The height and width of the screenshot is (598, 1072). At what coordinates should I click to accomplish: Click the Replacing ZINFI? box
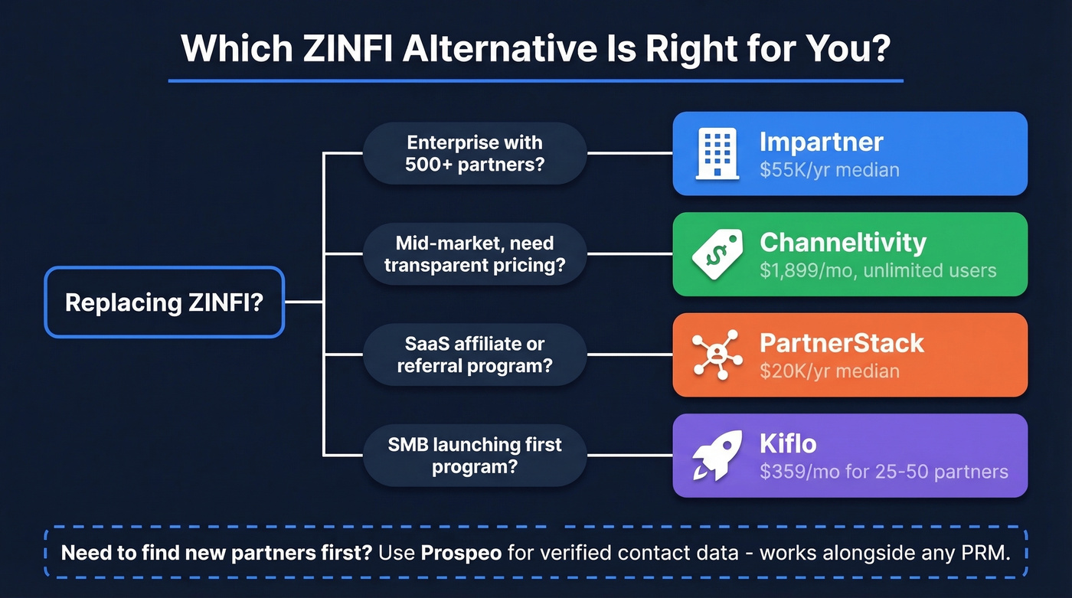tap(164, 302)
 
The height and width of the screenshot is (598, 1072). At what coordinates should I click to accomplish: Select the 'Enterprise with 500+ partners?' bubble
tap(474, 153)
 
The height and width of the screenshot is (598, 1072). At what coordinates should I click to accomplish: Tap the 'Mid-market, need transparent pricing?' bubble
tap(474, 254)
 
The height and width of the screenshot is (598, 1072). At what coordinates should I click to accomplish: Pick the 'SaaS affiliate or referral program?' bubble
tap(474, 355)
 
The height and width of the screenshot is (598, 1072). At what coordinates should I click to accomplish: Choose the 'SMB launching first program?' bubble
tap(474, 455)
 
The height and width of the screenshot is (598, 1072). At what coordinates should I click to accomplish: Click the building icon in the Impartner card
tap(717, 153)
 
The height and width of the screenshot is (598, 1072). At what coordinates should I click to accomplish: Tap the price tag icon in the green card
tap(717, 254)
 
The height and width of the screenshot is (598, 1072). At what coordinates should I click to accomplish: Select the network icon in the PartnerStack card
tap(717, 355)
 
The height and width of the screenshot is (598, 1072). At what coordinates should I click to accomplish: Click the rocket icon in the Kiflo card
tap(717, 455)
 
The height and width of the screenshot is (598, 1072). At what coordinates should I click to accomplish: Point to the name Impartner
tap(821, 142)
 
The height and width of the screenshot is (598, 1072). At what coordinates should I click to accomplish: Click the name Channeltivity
tap(842, 243)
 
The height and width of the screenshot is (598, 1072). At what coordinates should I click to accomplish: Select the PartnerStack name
tap(842, 343)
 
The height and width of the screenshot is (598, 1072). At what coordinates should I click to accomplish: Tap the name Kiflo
tap(788, 443)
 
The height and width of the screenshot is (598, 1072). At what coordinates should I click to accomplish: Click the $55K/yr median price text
tap(829, 170)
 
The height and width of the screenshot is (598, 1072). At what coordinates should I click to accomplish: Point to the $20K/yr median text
tap(829, 371)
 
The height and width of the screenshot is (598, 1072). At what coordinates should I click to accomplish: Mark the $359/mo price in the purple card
tap(794, 472)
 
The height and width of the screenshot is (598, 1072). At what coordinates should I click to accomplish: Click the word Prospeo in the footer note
tap(461, 552)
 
